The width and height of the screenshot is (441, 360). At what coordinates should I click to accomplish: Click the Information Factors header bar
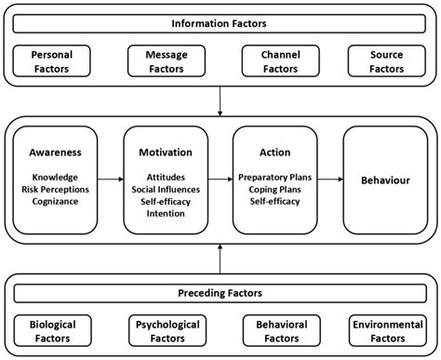(x=220, y=22)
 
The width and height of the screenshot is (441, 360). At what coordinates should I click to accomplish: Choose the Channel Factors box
(x=275, y=62)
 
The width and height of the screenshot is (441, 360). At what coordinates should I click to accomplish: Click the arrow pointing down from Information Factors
(x=220, y=99)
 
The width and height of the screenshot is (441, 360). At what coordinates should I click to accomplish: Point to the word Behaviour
(x=385, y=178)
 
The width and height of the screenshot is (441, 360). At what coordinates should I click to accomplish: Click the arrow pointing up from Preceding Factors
(x=220, y=257)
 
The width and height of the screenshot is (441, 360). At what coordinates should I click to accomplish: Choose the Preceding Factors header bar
(x=220, y=294)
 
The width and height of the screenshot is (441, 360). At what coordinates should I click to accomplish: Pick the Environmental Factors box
(x=385, y=331)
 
